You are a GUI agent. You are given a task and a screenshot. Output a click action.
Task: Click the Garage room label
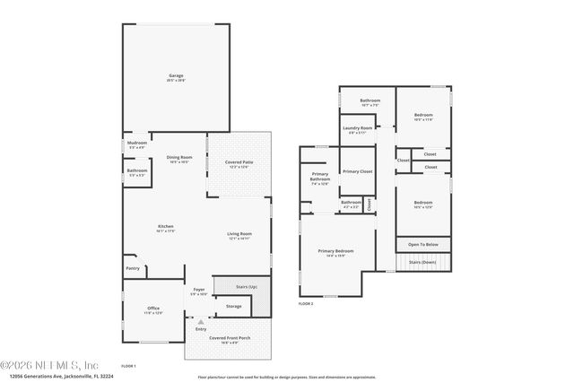click(x=176, y=76)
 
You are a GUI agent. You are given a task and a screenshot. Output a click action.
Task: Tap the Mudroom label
click(x=137, y=143)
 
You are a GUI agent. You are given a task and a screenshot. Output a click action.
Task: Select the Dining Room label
click(x=179, y=158)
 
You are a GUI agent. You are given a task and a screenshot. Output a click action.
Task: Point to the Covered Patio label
click(x=239, y=162)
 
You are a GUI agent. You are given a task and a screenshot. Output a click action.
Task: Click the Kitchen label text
click(x=165, y=225)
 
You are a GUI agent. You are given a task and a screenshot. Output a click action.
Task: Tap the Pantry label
click(x=133, y=266)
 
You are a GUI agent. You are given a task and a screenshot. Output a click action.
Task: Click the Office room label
click(x=153, y=308)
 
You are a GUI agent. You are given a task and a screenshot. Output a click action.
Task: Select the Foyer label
click(x=199, y=290)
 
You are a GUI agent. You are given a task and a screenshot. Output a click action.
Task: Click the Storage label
click(x=233, y=306)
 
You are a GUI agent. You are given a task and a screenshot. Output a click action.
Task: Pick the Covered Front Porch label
click(x=230, y=337)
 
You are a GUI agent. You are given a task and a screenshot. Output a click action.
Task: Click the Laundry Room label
click(x=356, y=128)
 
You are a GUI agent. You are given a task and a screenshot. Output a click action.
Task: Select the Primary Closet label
click(x=357, y=170)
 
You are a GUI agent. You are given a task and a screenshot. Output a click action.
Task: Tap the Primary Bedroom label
click(x=337, y=250)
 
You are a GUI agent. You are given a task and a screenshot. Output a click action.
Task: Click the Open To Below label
click(x=422, y=244)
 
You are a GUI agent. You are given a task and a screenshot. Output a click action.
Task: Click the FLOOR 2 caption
click(x=306, y=304)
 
